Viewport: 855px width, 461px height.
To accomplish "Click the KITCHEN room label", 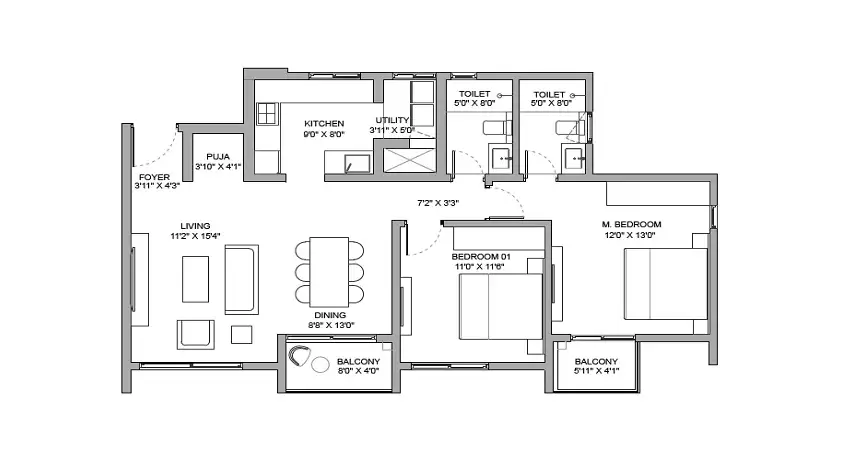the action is pos(324,124).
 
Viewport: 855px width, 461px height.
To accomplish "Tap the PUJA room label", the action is pos(218,157).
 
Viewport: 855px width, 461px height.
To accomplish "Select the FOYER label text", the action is pos(154,177).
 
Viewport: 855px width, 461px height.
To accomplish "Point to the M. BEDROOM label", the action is pos(631,224).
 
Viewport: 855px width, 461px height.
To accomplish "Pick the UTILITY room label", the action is pos(392,120).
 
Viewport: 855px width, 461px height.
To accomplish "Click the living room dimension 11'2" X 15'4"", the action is pos(195,236).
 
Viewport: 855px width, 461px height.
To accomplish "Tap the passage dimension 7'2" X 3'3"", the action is pos(438,203).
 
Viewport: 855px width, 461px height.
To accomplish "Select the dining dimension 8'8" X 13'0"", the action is pos(331,325).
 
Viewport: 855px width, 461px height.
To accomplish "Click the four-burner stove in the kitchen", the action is pos(268,113).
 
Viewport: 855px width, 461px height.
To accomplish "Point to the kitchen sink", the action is pos(358,164).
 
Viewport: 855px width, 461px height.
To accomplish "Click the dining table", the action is pos(329,272).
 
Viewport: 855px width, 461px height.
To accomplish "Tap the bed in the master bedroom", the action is pos(666,284).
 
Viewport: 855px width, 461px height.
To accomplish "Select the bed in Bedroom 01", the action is pos(501,307).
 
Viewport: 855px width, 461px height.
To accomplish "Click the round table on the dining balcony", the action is pos(321,364).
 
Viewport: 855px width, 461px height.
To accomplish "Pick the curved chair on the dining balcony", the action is pos(298,357).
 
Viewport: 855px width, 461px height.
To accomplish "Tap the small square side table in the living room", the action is pos(242,334).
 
